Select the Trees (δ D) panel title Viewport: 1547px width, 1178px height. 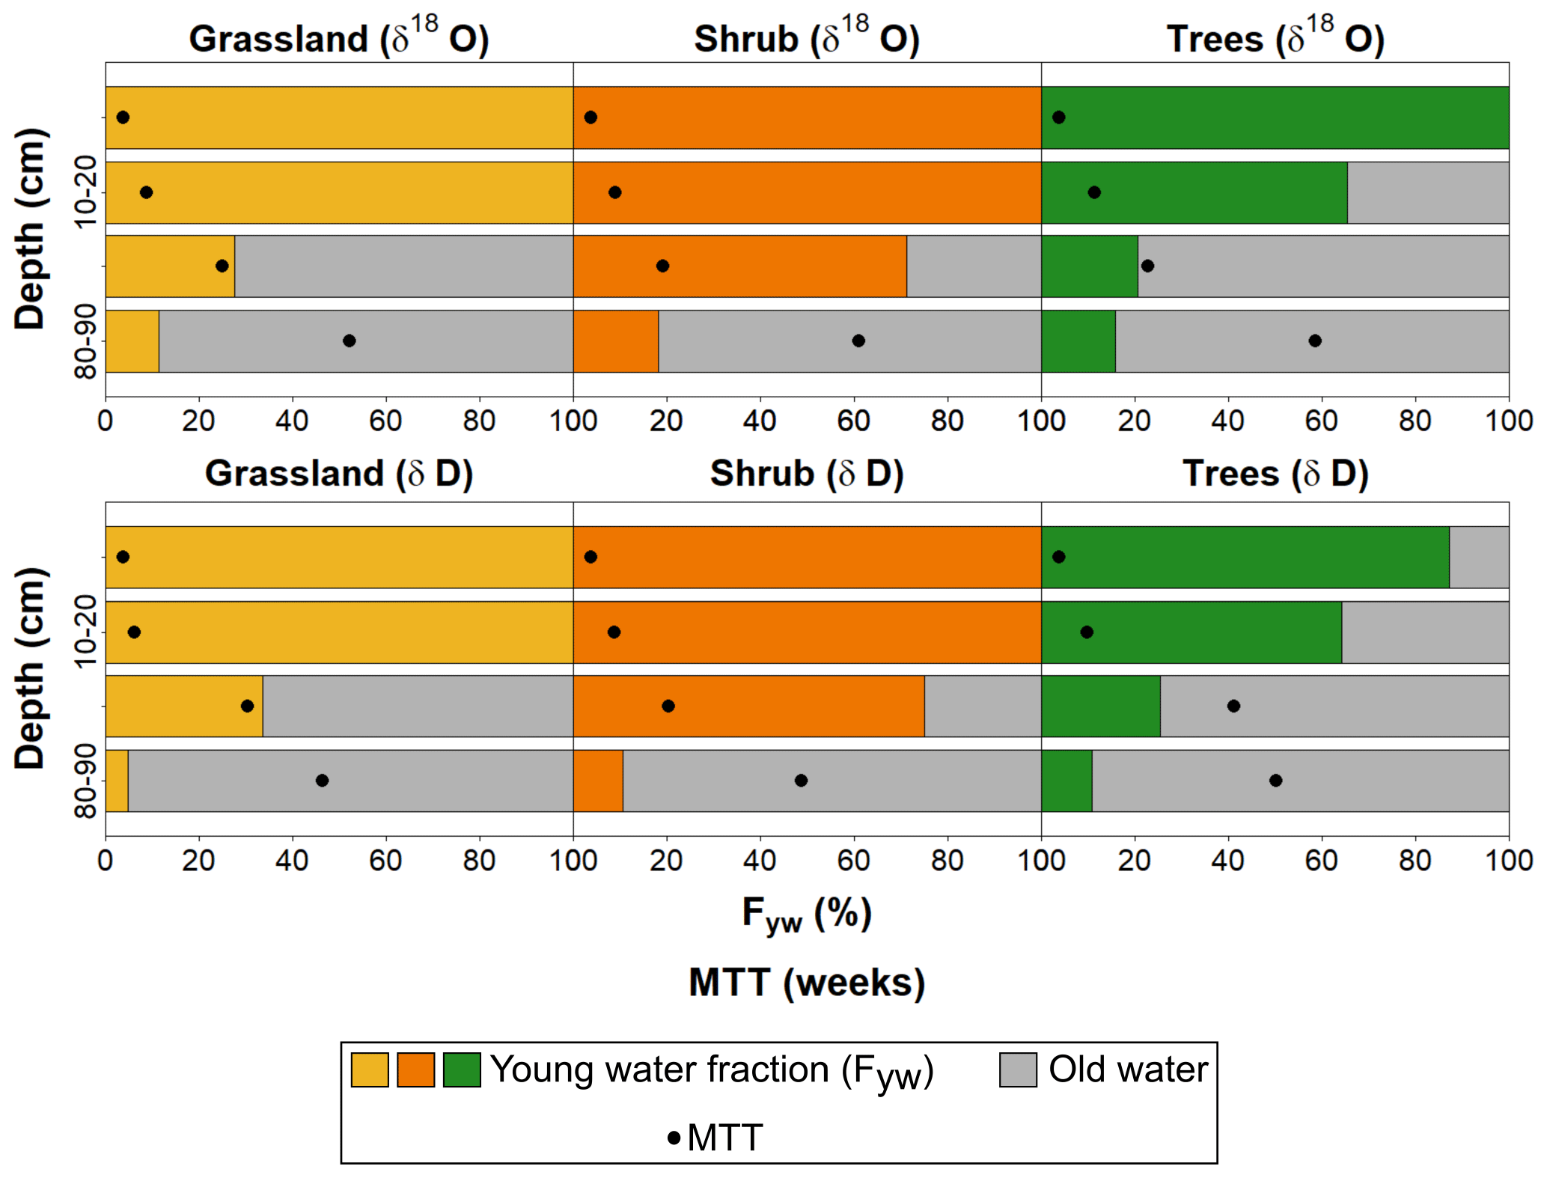tap(1275, 473)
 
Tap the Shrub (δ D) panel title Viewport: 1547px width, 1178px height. tap(807, 473)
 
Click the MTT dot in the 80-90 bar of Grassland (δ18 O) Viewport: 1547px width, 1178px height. tap(349, 341)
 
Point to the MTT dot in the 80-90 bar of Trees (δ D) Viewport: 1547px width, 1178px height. tap(1275, 781)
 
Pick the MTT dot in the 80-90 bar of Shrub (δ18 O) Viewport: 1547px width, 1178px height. tap(858, 341)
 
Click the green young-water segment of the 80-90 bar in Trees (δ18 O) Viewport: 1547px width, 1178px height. tap(1078, 341)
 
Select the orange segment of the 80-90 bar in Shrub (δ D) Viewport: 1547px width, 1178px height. tap(598, 781)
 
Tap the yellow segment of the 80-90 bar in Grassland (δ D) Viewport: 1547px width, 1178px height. tap(117, 781)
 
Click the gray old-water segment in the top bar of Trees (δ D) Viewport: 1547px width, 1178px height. tap(1479, 557)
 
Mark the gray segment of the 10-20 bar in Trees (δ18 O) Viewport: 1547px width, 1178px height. tap(1428, 192)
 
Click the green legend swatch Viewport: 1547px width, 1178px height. tap(462, 1069)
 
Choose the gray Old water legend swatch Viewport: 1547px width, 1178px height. tap(1018, 1069)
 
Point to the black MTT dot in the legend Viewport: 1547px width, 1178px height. tap(674, 1138)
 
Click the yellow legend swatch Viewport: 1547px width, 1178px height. tap(370, 1069)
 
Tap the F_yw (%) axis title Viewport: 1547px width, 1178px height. tap(807, 913)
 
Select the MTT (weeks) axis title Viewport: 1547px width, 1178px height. tap(807, 983)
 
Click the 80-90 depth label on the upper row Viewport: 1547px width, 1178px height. tap(86, 341)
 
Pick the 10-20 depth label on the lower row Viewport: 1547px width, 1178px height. tap(86, 631)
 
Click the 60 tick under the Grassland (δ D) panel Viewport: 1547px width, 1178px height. tap(385, 861)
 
